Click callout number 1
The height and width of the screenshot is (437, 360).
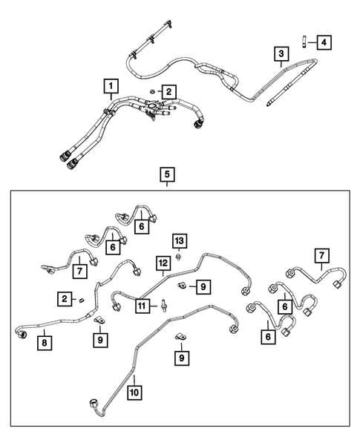point(109,87)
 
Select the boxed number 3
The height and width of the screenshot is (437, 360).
point(281,54)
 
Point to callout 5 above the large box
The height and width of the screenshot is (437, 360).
point(167,175)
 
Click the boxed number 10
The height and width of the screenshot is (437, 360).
point(134,390)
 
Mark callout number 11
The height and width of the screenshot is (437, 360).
point(141,304)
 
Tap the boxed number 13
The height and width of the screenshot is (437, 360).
point(179,240)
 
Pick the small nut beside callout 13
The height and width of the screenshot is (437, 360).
point(179,257)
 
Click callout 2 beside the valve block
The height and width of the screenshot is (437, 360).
point(170,92)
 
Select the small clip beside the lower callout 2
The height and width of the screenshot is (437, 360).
point(82,299)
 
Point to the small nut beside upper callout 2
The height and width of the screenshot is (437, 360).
point(151,91)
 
